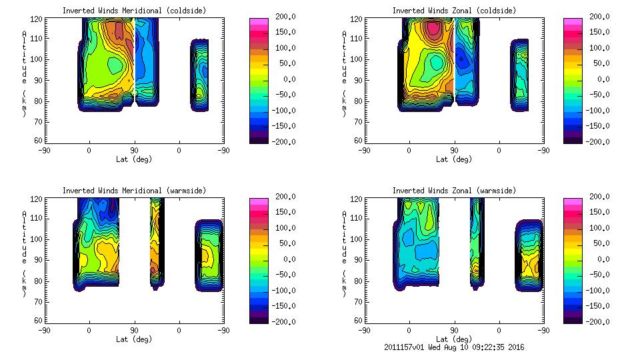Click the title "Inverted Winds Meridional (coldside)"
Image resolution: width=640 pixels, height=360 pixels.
pyautogui.click(x=134, y=11)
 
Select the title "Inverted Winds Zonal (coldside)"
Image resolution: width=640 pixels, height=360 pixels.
pyautogui.click(x=454, y=11)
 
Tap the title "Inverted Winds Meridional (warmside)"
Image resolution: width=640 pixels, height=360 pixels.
pyautogui.click(x=134, y=191)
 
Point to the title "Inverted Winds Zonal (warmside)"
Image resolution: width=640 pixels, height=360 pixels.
pyautogui.click(x=454, y=191)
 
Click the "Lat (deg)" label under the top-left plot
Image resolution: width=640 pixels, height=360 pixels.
pyautogui.click(x=134, y=159)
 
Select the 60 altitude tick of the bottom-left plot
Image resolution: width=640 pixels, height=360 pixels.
pyautogui.click(x=41, y=321)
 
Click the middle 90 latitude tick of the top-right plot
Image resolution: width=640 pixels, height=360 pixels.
pyautogui.click(x=455, y=151)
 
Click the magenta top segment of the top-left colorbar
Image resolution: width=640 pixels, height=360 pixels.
pyautogui.click(x=259, y=23)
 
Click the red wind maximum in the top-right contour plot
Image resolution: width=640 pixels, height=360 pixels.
pyautogui.click(x=433, y=28)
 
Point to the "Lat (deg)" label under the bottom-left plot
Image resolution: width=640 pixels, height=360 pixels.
pyautogui.click(x=134, y=339)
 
